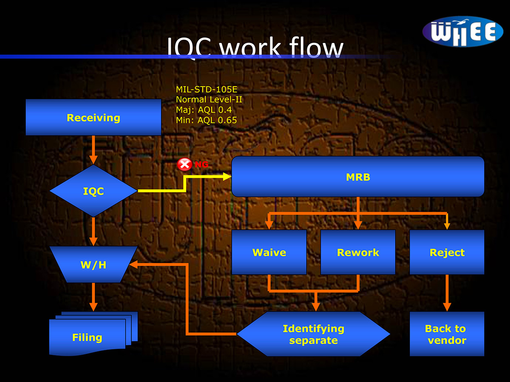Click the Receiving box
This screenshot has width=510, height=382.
click(x=93, y=118)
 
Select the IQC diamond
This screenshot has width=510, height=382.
click(x=93, y=191)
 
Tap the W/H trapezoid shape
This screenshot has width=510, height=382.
click(x=93, y=265)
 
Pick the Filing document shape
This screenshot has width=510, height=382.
click(x=88, y=337)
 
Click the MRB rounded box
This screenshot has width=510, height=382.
click(x=358, y=177)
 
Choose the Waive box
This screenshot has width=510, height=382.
click(x=269, y=253)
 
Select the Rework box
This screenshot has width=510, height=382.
click(x=358, y=253)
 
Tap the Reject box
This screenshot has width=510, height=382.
click(x=447, y=253)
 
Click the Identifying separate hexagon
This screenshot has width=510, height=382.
click(x=313, y=334)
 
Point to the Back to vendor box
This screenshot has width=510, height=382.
click(x=447, y=334)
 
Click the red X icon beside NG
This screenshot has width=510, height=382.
click(x=184, y=164)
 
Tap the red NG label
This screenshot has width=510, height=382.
click(x=202, y=164)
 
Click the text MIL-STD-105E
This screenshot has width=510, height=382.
click(x=207, y=89)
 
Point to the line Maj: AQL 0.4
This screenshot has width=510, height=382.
click(x=204, y=110)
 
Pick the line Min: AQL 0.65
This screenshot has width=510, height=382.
click(x=206, y=120)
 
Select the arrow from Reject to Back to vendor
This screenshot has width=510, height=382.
click(x=447, y=293)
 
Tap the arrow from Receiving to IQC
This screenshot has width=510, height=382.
click(x=93, y=150)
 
